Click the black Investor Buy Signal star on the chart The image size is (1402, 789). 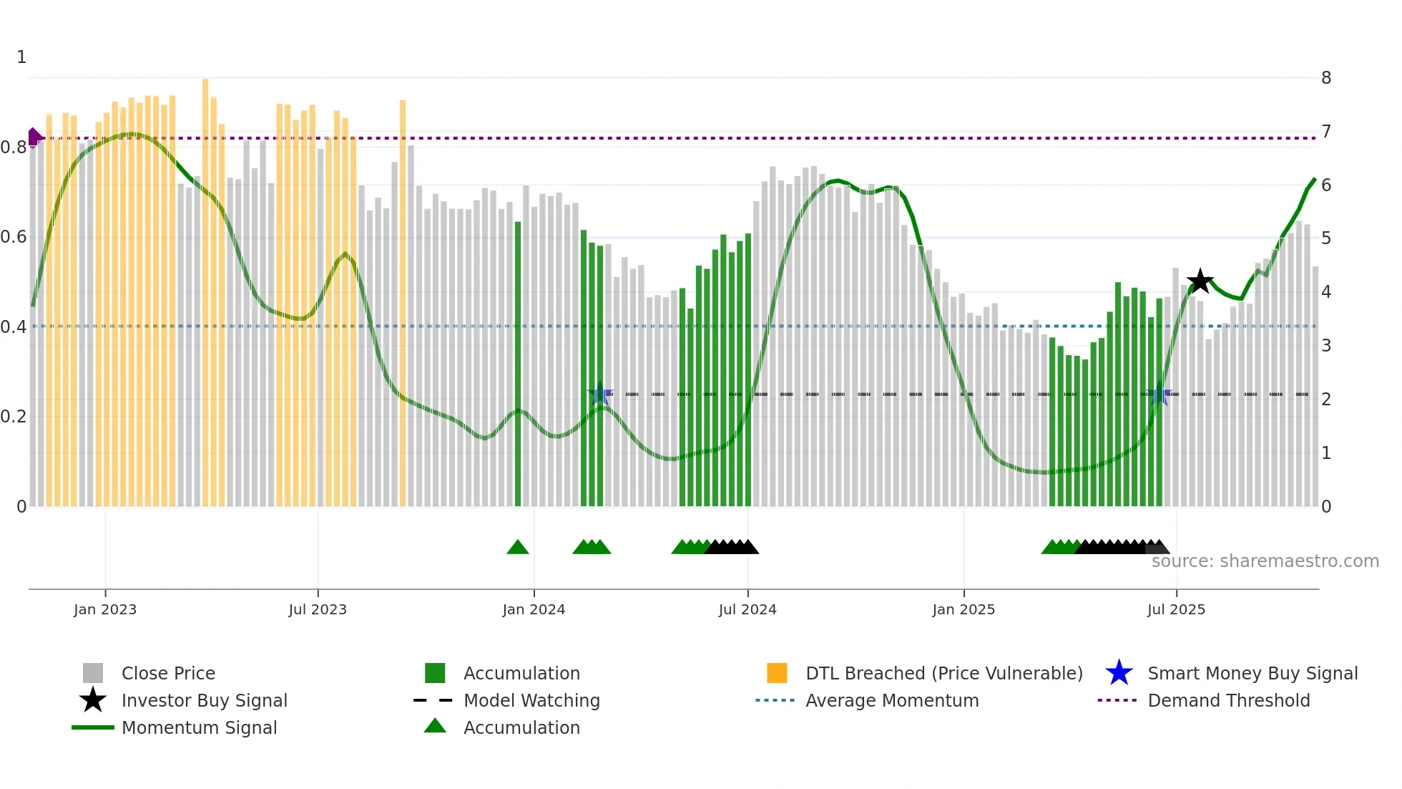(1200, 281)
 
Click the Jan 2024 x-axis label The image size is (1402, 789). (534, 609)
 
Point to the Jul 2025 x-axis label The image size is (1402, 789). (1176, 609)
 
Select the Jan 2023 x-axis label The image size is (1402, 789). (105, 609)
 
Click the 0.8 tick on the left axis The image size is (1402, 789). (14, 147)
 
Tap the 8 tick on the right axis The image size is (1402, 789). (1325, 77)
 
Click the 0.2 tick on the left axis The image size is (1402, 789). (14, 417)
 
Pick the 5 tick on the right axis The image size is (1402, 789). (1325, 238)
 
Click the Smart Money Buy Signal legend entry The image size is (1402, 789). (1252, 673)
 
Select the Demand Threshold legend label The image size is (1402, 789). (1228, 700)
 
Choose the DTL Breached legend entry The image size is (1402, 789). (943, 673)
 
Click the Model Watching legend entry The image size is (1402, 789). (531, 700)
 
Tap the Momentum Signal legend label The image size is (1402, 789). (199, 727)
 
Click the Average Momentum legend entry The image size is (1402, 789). (891, 700)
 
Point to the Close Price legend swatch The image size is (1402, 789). (93, 673)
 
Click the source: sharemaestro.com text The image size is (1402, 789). (1265, 561)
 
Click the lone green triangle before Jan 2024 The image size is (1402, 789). (517, 548)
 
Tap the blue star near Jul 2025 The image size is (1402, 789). (1159, 394)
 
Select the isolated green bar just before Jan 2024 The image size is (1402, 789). (518, 365)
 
